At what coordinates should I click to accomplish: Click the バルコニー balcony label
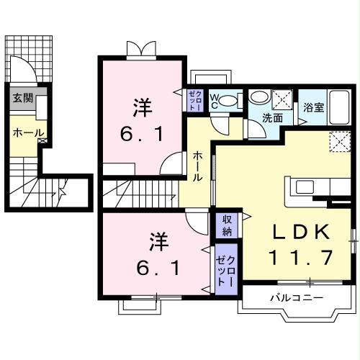click(297, 297)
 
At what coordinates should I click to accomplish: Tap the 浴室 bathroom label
click(312, 108)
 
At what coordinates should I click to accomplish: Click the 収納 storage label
click(226, 225)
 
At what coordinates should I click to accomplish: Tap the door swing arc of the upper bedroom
click(171, 164)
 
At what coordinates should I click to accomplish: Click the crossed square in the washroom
click(284, 97)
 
